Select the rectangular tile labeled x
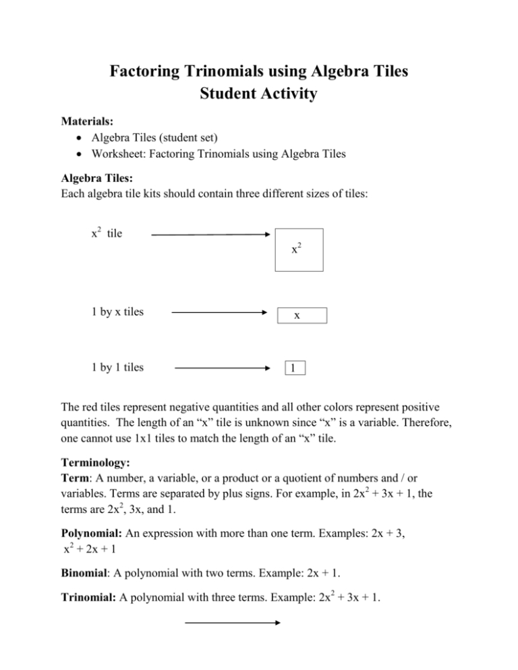[301, 315]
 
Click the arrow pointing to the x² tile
[210, 235]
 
